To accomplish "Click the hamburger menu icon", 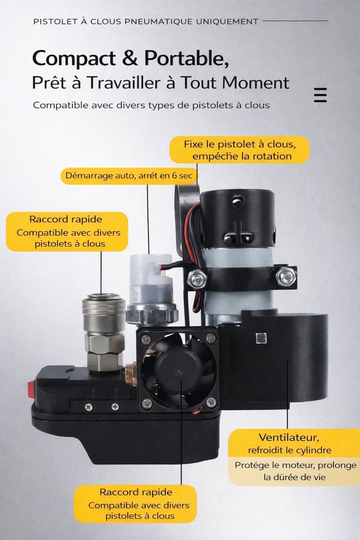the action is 320,95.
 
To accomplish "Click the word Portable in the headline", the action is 187,58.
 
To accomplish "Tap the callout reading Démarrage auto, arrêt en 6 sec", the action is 128,175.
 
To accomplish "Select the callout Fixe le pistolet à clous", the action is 240,150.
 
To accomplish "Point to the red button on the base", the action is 31,389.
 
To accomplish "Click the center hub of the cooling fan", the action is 179,372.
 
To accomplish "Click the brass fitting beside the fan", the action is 131,374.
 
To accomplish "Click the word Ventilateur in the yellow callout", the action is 289,437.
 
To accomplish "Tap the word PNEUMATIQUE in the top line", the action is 159,22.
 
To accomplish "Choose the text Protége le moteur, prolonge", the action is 296,465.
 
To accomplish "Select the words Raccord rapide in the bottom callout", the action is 136,492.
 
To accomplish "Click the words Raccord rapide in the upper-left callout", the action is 66,219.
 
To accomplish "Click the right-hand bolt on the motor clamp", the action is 286,276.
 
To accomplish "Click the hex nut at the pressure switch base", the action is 152,314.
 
